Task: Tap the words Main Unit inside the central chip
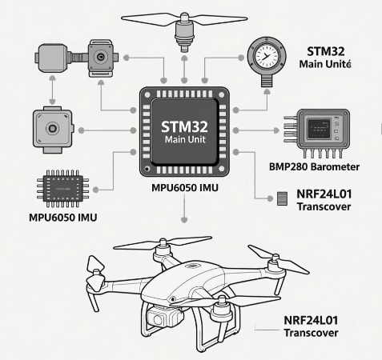pos(185,142)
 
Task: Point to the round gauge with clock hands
pos(265,58)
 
